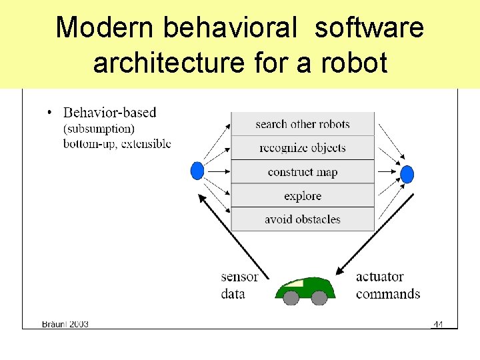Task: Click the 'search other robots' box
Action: coord(302,124)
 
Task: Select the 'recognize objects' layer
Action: coord(302,148)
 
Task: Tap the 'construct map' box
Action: coord(302,172)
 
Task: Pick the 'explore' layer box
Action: coord(302,196)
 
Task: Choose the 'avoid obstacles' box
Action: coord(302,219)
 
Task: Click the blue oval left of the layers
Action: coord(197,171)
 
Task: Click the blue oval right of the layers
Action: coord(407,175)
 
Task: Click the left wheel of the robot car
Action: coord(291,298)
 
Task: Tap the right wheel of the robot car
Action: coord(319,298)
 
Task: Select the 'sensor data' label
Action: coord(238,285)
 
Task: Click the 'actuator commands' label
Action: coord(387,285)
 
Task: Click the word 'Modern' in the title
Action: coord(105,28)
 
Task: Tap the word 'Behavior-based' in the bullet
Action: coord(109,113)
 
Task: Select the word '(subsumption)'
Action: coord(99,129)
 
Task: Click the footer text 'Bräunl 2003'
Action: coord(65,324)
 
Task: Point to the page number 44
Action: coord(438,324)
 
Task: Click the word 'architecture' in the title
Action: coord(170,63)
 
